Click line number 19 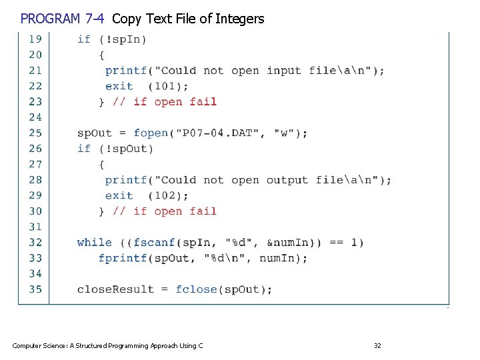35,39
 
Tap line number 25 35,133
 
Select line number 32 35,243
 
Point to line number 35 35,289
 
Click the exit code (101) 168,86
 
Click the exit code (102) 168,195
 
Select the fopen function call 151,133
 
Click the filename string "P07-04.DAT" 217,133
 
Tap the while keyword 94,243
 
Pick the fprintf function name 123,258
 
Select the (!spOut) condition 125,149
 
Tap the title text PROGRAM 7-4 61,19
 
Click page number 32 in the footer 377,345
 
